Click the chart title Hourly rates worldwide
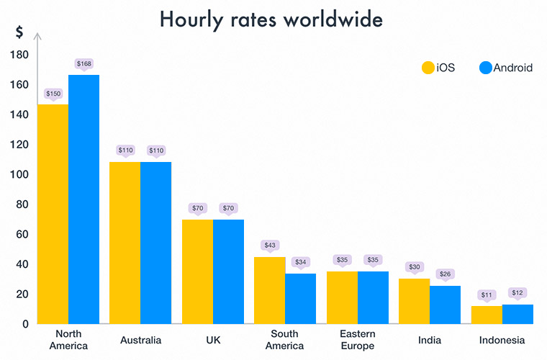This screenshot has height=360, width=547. point(271,19)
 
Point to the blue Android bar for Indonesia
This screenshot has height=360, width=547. point(517,314)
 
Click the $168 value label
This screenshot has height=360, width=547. point(84,65)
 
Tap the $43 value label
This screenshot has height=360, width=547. point(270,246)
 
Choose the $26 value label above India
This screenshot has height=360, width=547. point(446,274)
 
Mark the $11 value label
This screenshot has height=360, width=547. point(486,294)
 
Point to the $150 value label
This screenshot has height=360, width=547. point(53,94)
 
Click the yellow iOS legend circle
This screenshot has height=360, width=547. point(428,68)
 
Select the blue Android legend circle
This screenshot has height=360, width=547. point(485,68)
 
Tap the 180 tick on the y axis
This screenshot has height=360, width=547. point(19,55)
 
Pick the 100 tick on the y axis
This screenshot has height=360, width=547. point(19,174)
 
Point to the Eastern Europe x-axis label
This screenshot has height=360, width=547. point(358,340)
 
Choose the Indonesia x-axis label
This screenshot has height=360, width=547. point(502,340)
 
